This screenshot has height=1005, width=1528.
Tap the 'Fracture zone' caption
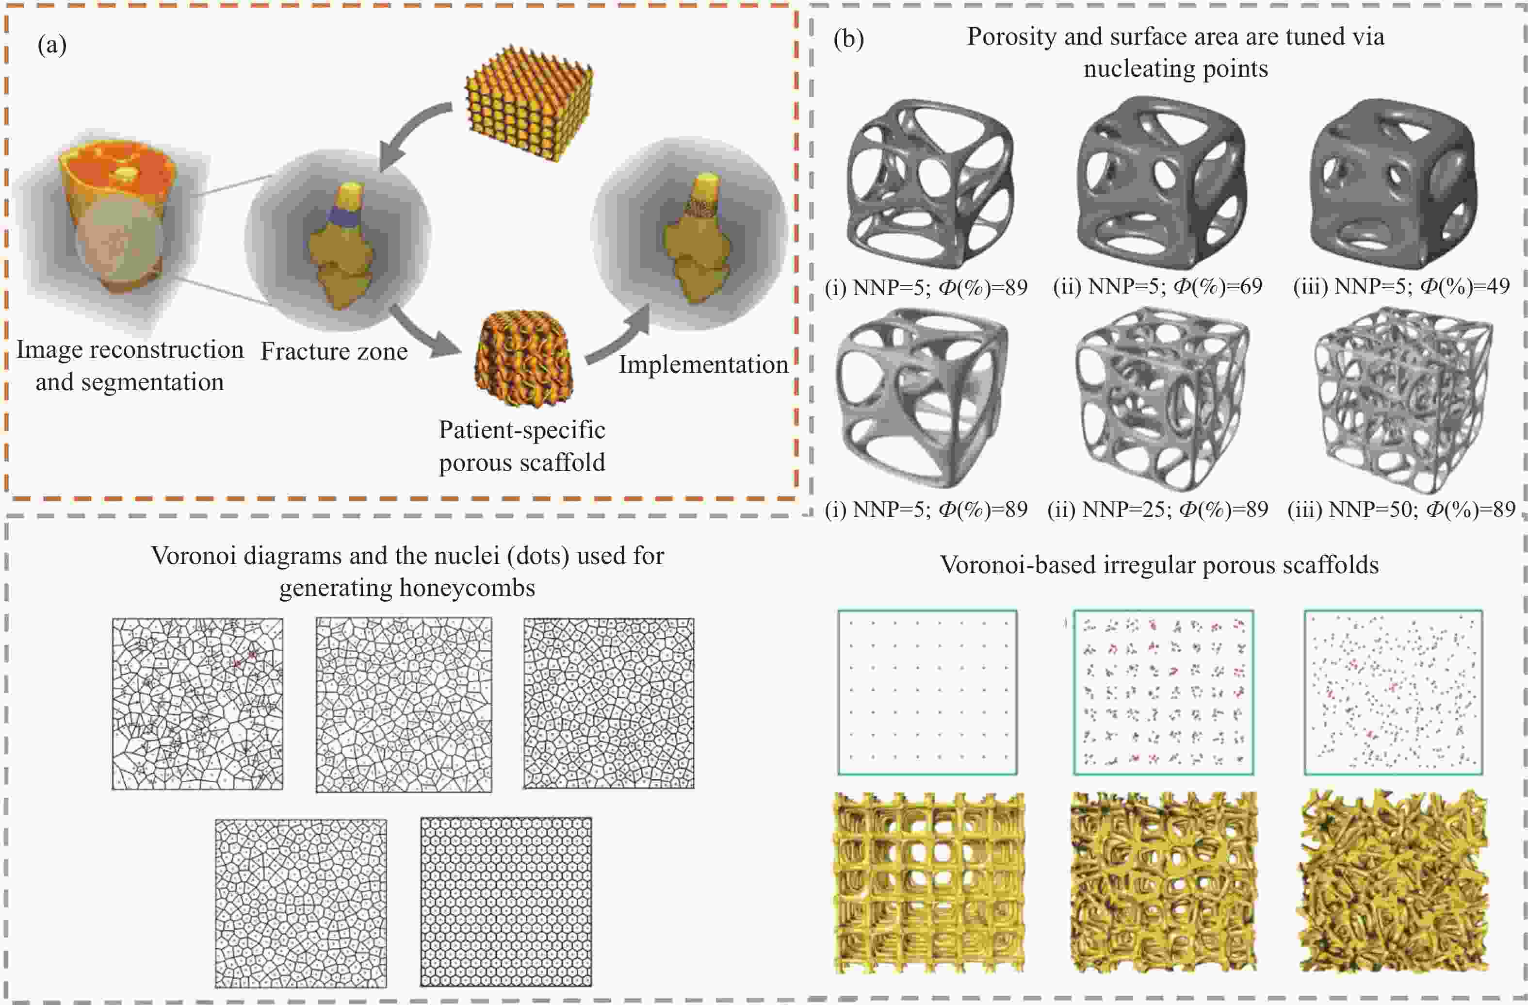tap(334, 351)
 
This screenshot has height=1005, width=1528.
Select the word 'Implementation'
tap(703, 365)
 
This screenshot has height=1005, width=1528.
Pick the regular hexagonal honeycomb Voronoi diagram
tap(506, 902)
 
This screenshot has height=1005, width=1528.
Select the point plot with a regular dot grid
tap(927, 692)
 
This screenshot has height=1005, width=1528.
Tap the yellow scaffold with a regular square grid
tap(929, 884)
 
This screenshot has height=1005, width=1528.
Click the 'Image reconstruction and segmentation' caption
tap(130, 366)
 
